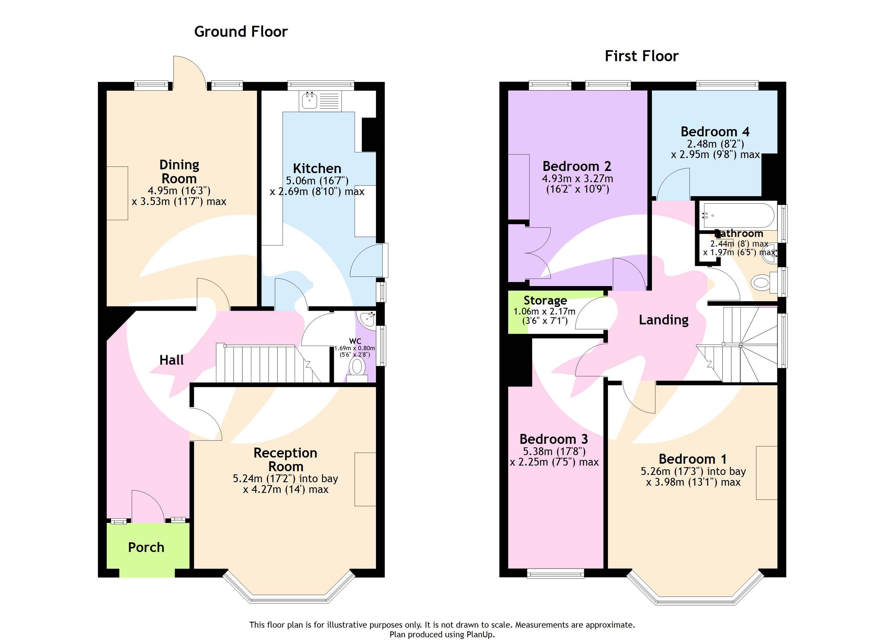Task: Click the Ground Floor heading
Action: point(241,32)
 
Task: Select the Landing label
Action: point(663,320)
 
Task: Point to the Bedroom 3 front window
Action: point(555,573)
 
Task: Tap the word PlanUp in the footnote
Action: point(479,635)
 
